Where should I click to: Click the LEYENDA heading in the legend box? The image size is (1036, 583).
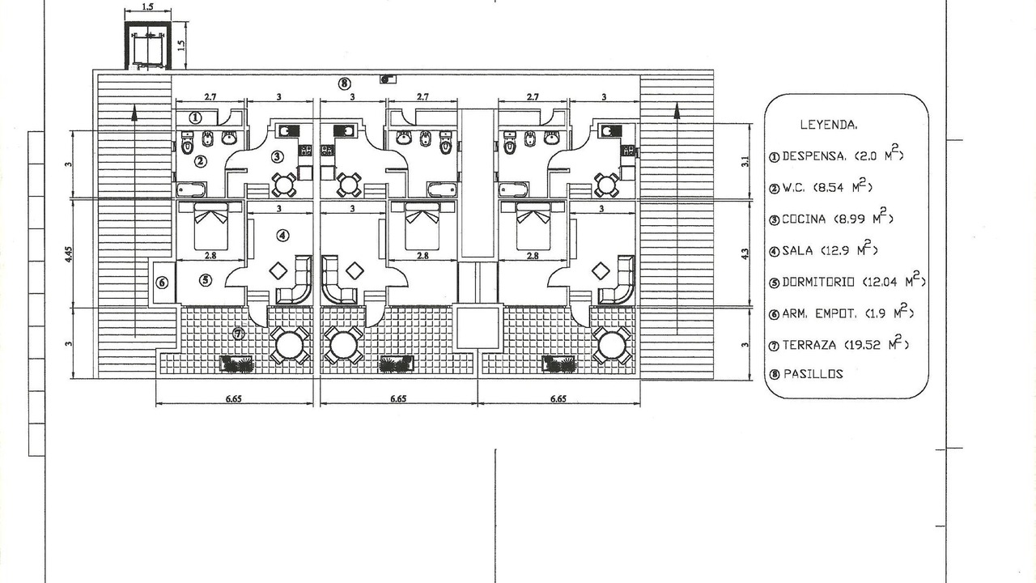click(828, 125)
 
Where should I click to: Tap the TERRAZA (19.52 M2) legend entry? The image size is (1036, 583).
click(839, 343)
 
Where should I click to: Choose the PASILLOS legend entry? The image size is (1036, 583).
click(806, 374)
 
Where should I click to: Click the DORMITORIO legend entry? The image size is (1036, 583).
click(847, 280)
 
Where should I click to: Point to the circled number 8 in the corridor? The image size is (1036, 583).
click(344, 83)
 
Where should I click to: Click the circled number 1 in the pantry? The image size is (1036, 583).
click(196, 118)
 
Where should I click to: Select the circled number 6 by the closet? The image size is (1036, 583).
click(162, 283)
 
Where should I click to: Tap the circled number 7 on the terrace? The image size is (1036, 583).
click(238, 333)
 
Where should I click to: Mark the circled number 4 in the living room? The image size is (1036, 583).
click(282, 236)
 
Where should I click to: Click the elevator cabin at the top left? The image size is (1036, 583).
click(148, 46)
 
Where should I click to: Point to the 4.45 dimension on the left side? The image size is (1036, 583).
click(69, 254)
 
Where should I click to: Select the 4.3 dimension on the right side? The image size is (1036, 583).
click(745, 253)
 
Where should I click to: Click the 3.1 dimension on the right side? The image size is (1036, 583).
click(745, 161)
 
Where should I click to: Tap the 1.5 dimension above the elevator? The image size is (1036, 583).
click(147, 7)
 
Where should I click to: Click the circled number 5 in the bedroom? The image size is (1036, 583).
click(206, 280)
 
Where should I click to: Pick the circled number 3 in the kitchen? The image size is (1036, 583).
click(277, 157)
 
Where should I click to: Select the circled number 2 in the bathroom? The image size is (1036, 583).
click(200, 161)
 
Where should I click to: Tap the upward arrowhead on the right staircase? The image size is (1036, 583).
click(677, 111)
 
